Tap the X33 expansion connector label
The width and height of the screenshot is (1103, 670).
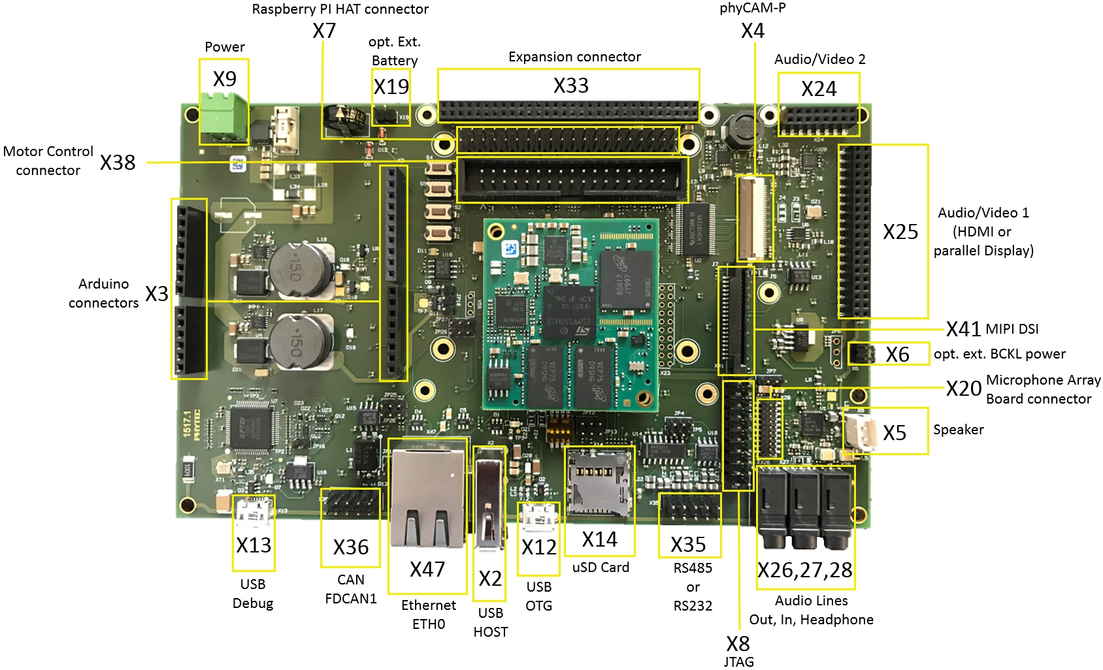(570, 86)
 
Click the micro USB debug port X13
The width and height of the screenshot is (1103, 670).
(254, 513)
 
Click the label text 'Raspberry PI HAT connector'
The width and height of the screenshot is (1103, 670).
(340, 9)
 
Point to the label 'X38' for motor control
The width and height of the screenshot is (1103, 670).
(118, 163)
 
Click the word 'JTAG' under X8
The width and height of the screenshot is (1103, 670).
(738, 662)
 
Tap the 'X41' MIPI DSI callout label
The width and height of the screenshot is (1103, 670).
(963, 329)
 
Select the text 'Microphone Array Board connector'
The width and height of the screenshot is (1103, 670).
(1043, 389)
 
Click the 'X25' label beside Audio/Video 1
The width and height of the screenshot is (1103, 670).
(900, 232)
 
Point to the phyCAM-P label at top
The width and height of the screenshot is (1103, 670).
(752, 8)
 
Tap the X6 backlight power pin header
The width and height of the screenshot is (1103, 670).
(861, 353)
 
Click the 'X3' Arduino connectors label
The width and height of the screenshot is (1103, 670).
(157, 294)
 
